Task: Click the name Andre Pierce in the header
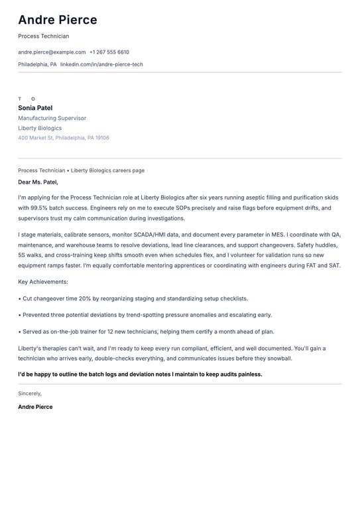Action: coord(58,20)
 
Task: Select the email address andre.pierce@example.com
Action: coord(52,52)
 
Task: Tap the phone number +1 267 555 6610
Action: coord(109,52)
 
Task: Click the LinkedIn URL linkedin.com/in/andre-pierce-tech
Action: coord(101,64)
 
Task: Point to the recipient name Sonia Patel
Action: coord(35,108)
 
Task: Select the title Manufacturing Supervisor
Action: coord(52,118)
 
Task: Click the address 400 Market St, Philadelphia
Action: coord(64,138)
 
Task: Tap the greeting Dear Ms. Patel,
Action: coord(38,182)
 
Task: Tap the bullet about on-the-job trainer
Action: coord(146,331)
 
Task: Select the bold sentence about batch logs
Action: coord(140,374)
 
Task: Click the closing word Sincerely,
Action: coord(30,393)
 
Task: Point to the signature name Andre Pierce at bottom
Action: coord(35,407)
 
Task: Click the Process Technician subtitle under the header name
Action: coord(43,36)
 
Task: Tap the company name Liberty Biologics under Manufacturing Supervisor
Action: coord(40,128)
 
